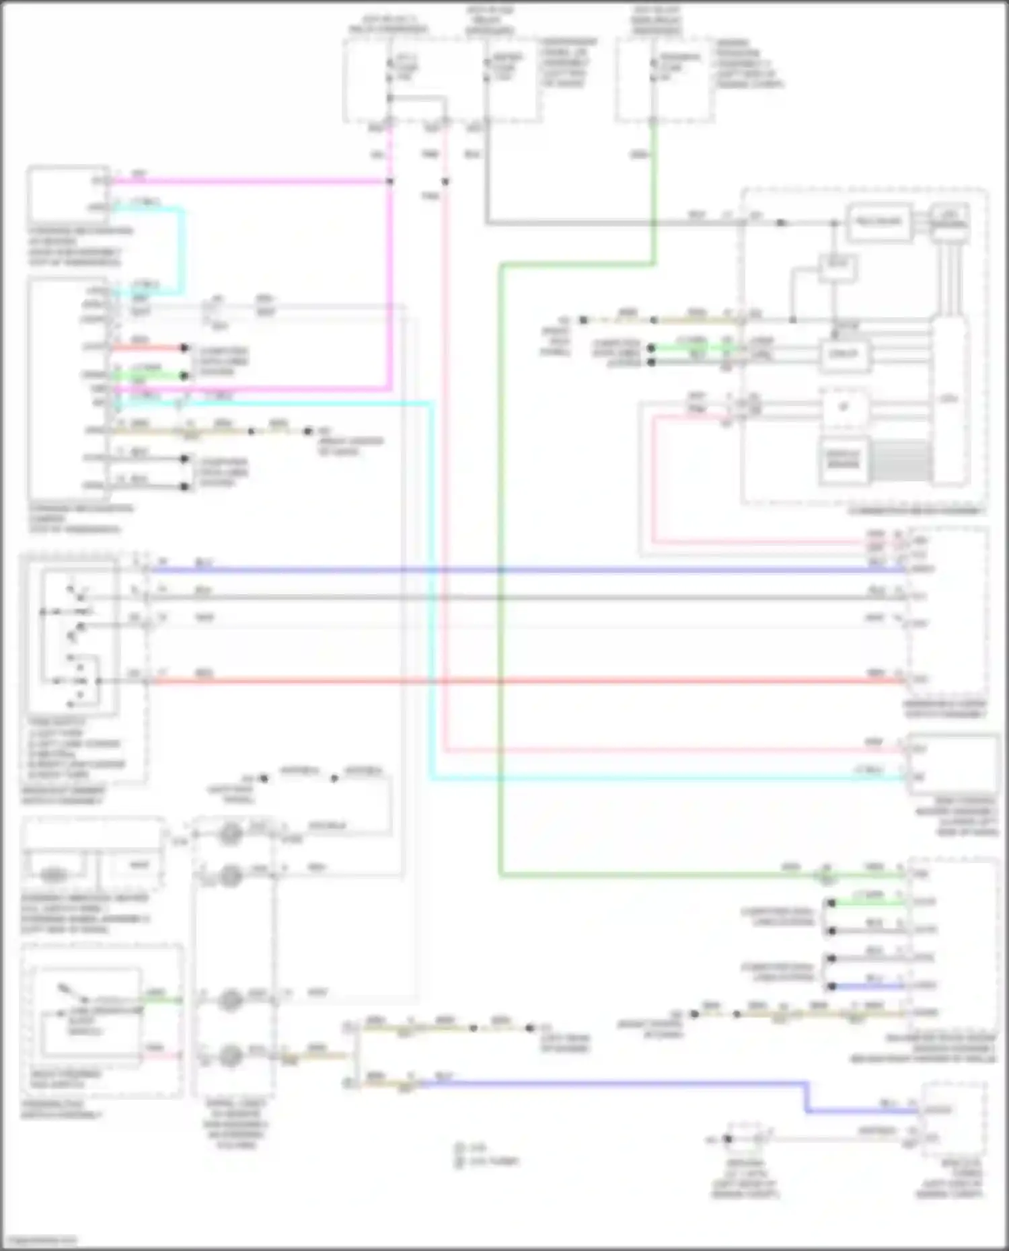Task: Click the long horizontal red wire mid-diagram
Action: (x=525, y=681)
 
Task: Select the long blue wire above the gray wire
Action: (x=525, y=570)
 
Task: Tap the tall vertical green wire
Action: (x=500, y=571)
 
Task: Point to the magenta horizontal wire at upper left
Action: (x=256, y=181)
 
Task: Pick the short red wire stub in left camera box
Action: (x=148, y=348)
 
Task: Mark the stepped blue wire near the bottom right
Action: (x=605, y=1083)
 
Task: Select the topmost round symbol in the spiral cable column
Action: (x=231, y=834)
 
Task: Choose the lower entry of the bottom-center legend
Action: (x=484, y=1161)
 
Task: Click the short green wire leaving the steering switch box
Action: (x=161, y=1000)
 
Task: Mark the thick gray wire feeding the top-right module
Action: (x=605, y=223)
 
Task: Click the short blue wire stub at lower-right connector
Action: (x=868, y=986)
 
